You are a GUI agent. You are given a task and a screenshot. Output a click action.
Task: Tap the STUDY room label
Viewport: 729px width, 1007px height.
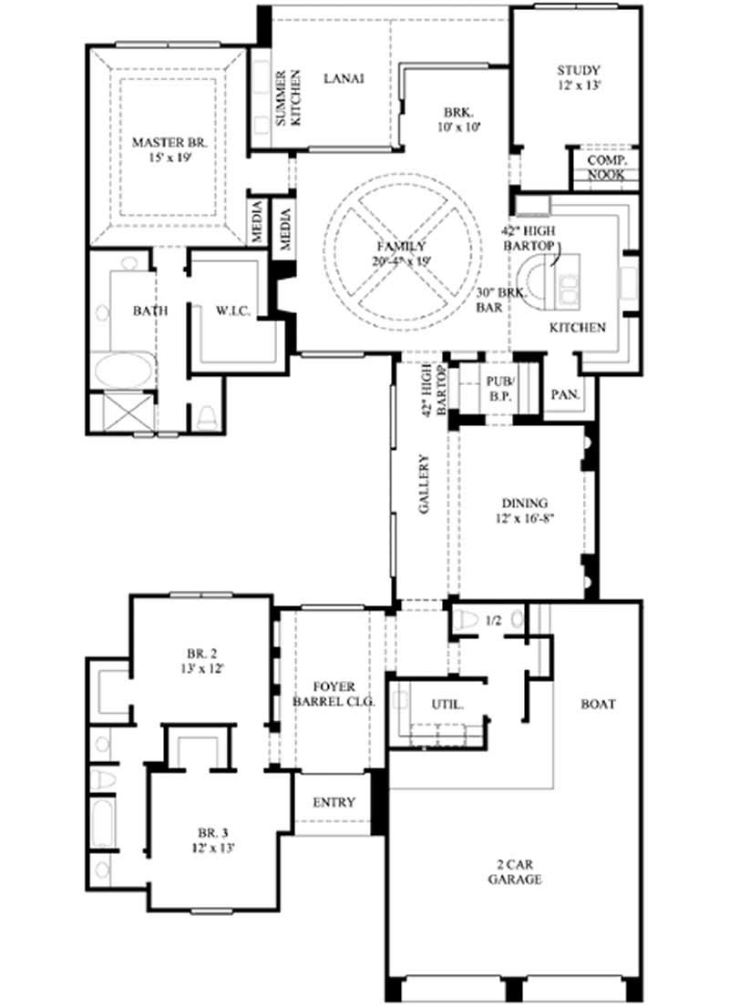point(578,77)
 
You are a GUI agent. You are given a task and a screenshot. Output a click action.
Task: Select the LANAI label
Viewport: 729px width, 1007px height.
point(344,78)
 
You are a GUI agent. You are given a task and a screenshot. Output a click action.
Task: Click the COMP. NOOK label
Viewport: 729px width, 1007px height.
point(606,167)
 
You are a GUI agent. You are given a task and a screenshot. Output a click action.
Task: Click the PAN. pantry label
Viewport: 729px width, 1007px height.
point(562,395)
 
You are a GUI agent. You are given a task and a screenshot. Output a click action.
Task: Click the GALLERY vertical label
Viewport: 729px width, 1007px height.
point(424,484)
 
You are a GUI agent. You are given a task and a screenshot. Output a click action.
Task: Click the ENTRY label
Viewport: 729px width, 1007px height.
point(334,802)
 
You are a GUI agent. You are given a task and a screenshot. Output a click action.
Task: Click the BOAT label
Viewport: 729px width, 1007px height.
point(598,704)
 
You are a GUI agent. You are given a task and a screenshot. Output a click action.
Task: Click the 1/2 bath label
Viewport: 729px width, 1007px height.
point(493,621)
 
